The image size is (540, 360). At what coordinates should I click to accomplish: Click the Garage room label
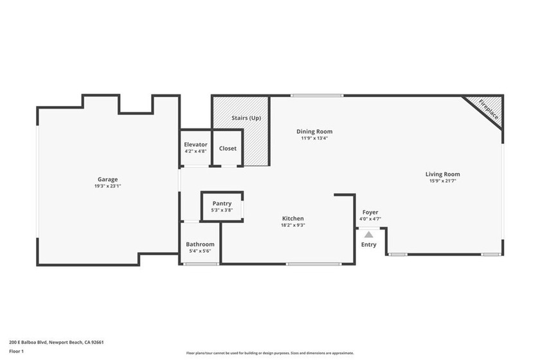coord(107,179)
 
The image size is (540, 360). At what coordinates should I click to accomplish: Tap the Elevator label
coord(195,145)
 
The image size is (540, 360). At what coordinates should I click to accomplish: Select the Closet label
coord(228,148)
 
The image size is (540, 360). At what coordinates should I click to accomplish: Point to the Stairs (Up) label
coord(246,118)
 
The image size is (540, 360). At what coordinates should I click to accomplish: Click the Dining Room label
coord(314,131)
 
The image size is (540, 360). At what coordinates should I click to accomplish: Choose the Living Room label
coord(442,174)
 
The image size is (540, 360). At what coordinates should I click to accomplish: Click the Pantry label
coord(222,204)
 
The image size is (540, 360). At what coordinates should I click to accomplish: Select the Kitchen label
coord(292,219)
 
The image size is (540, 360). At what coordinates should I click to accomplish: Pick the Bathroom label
coord(200,244)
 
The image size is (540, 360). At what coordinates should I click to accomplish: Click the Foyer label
coord(370,212)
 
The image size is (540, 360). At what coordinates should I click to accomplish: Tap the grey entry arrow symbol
coord(368,235)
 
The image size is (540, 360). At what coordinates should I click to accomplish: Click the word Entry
coord(369,244)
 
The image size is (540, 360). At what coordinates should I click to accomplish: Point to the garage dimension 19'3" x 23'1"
coord(107,186)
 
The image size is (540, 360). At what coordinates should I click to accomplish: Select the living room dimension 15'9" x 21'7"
coord(442,181)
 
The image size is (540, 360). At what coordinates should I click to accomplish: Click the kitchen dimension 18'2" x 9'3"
coord(292,225)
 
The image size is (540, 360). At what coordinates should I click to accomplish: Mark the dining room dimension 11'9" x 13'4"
coord(314,138)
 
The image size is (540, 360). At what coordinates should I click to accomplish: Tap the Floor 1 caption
coord(16,352)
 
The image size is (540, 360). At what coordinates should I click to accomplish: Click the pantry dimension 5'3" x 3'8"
coord(222,210)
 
